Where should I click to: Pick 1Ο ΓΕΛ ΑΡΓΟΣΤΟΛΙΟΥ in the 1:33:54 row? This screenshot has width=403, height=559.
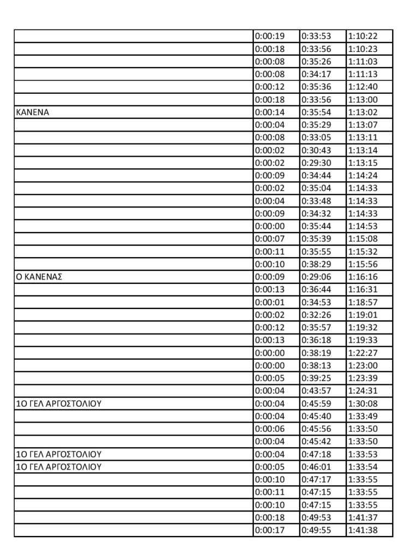tap(59, 467)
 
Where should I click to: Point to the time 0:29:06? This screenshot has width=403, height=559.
tap(316, 277)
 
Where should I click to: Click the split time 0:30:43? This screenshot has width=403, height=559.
tap(316, 150)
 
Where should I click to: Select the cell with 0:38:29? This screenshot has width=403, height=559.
tap(316, 264)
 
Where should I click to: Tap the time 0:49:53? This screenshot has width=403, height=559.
tap(316, 518)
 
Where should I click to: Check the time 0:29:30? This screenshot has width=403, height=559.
tap(316, 163)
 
